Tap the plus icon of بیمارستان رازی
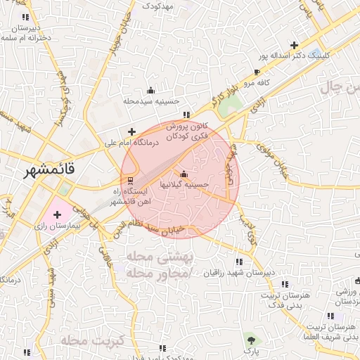[57, 214]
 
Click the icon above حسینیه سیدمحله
[150, 90]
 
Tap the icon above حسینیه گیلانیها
[184, 174]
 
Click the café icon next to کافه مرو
[257, 72]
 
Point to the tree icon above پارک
[250, 340]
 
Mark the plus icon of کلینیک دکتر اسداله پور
[294, 44]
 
